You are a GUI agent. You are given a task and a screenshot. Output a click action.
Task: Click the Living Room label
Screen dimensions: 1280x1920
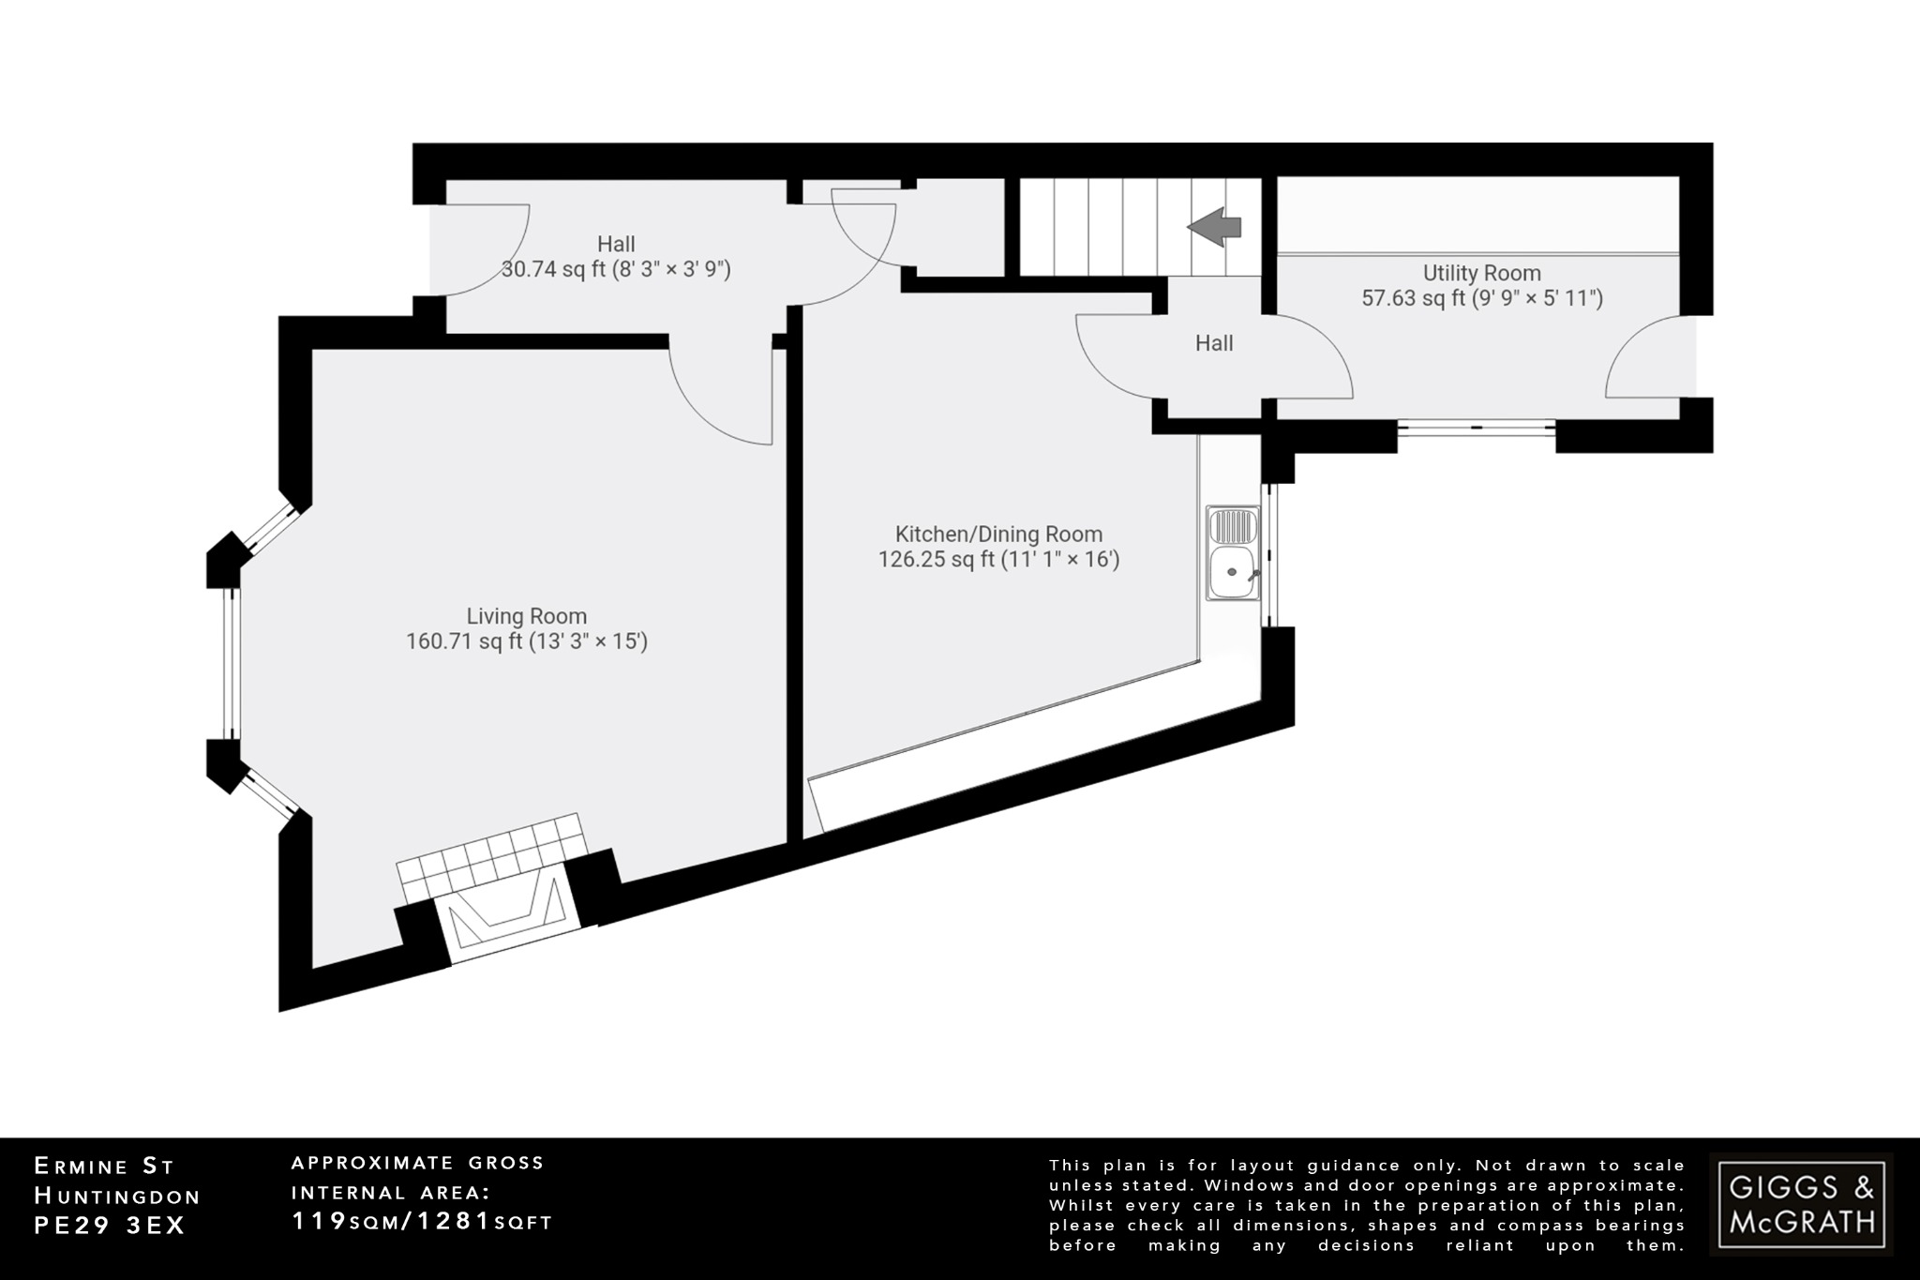click(x=527, y=616)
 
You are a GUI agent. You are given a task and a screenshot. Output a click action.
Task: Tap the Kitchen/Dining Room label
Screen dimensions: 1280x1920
click(x=998, y=535)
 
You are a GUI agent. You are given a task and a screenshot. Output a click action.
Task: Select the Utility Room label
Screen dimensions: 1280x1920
click(x=1481, y=273)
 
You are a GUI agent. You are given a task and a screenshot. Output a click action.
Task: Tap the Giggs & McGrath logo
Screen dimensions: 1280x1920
click(x=1801, y=1203)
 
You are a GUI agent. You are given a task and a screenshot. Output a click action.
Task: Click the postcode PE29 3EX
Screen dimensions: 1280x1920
click(x=110, y=1226)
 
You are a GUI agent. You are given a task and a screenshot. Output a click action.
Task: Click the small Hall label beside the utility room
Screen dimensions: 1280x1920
click(x=1213, y=343)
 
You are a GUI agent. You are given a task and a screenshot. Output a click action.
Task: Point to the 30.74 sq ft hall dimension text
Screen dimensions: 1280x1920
click(x=616, y=270)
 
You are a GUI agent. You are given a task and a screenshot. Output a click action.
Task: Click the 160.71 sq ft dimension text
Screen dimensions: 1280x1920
click(x=527, y=642)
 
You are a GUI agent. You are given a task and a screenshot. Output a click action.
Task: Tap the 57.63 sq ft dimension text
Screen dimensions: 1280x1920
click(x=1481, y=298)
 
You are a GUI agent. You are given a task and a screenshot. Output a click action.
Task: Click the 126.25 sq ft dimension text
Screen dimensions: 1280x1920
click(x=998, y=560)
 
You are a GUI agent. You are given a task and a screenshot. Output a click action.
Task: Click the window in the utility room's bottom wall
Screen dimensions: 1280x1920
click(x=1477, y=427)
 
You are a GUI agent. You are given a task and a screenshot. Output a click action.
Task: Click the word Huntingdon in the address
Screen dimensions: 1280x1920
click(x=117, y=1196)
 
